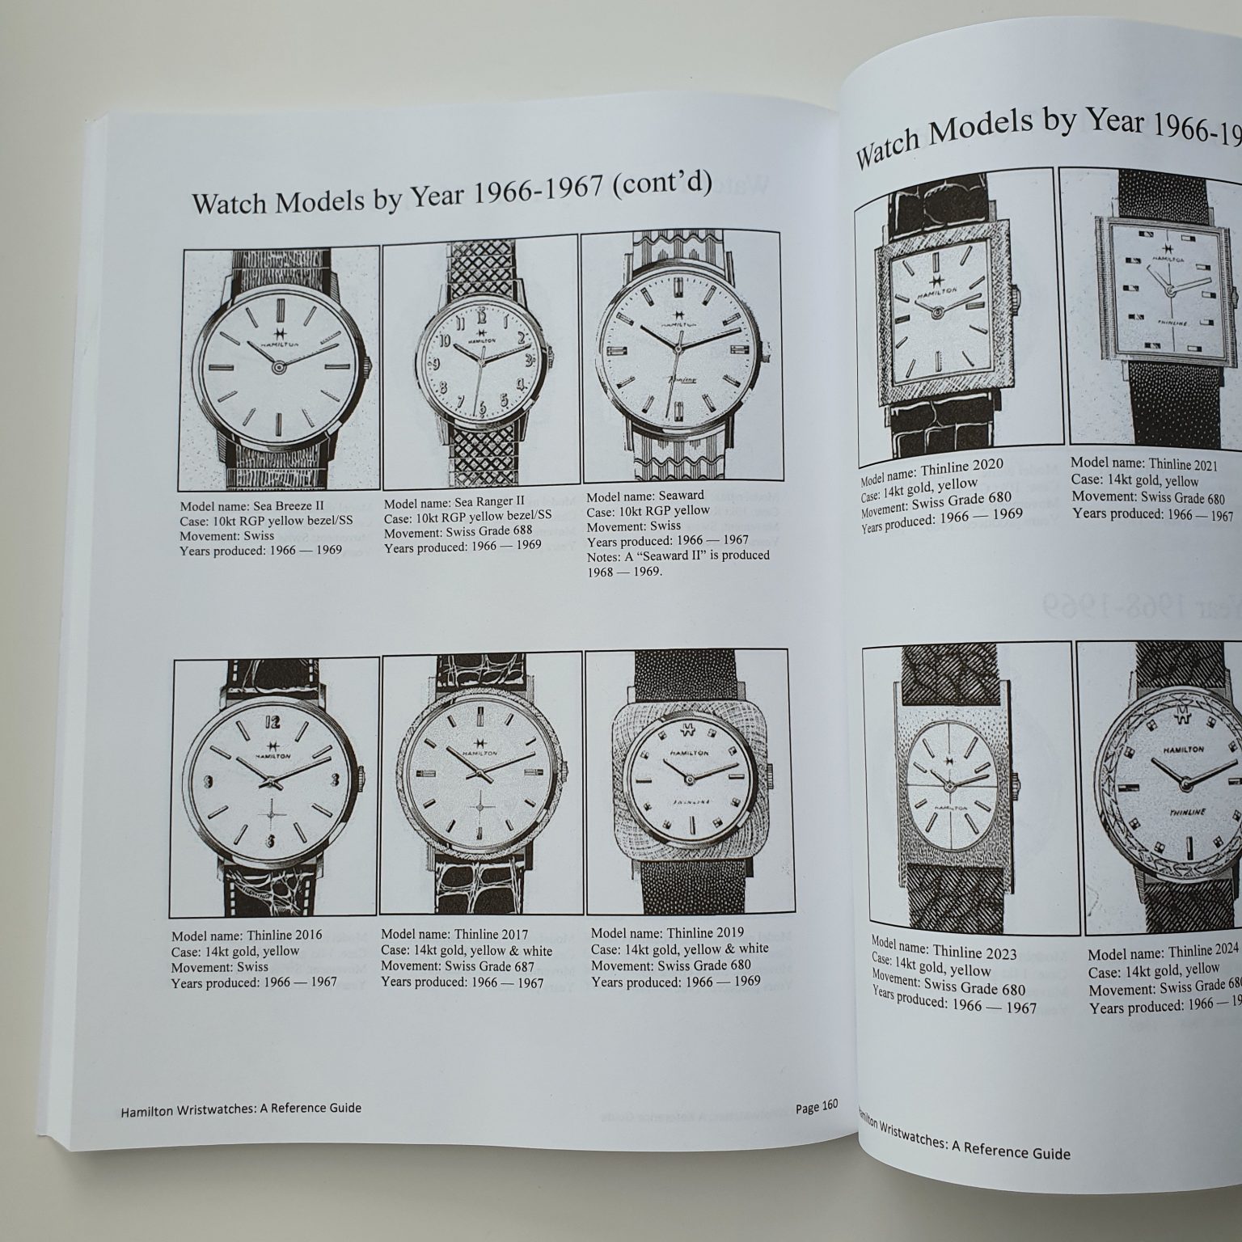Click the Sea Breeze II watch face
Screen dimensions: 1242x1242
tap(279, 365)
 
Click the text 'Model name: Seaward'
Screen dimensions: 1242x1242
tap(644, 495)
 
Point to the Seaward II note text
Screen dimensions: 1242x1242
tap(678, 563)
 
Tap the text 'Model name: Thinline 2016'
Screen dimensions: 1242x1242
tap(247, 935)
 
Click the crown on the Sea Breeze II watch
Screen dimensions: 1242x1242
tap(369, 365)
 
